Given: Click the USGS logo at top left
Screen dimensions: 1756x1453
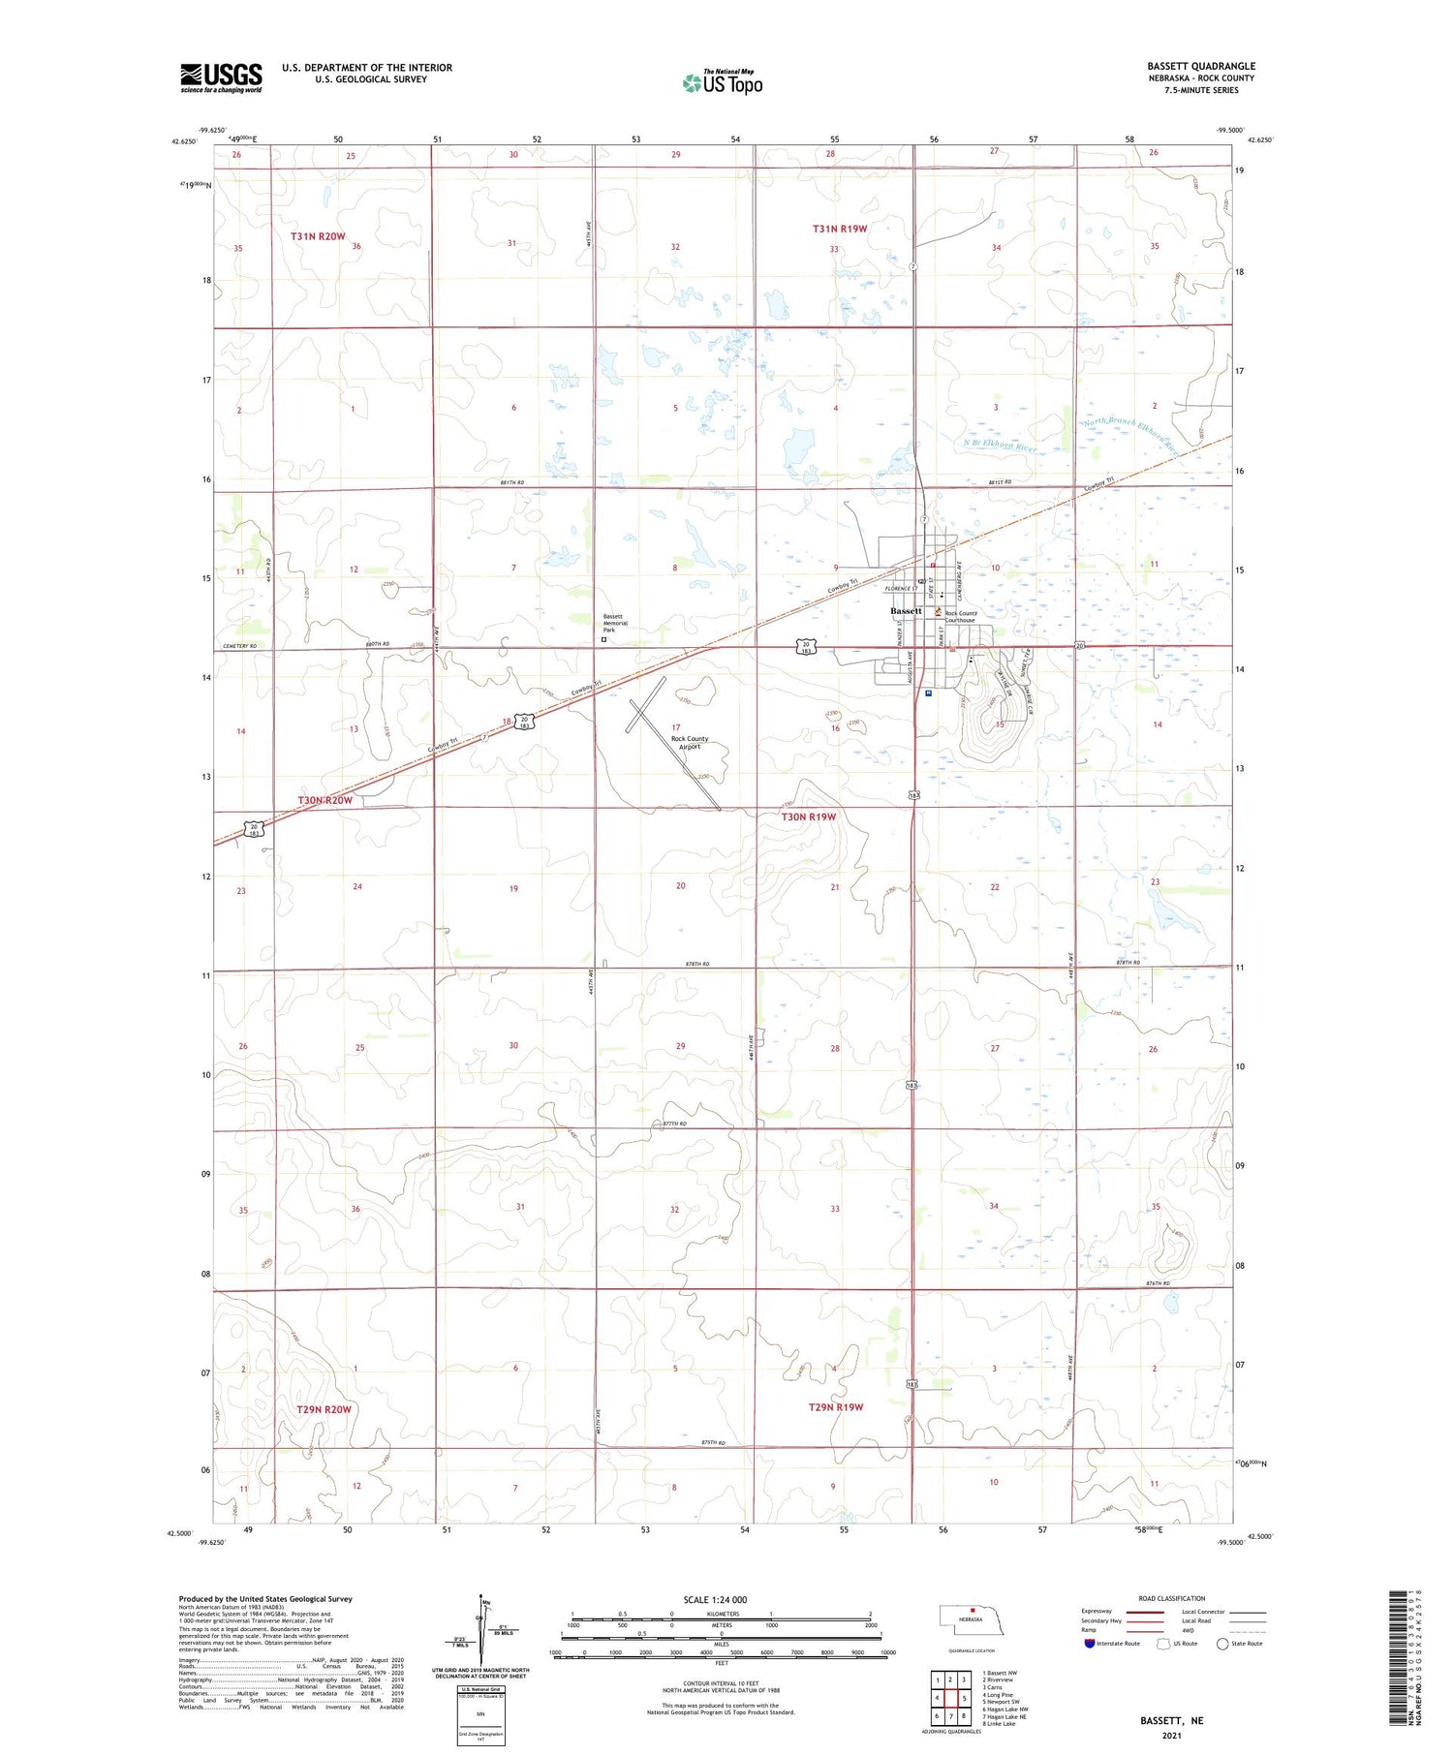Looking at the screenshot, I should pyautogui.click(x=221, y=77).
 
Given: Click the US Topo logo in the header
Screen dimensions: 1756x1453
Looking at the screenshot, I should pyautogui.click(x=723, y=83).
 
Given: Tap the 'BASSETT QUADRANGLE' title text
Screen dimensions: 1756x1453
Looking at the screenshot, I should pyautogui.click(x=1200, y=66).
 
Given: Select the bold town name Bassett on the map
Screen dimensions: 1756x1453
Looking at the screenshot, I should pyautogui.click(x=906, y=611).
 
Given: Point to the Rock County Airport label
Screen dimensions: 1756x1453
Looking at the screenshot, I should pyautogui.click(x=690, y=743).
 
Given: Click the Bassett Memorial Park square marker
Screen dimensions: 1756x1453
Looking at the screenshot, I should pyautogui.click(x=603, y=639).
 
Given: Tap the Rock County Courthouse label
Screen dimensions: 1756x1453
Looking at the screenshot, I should pyautogui.click(x=962, y=617).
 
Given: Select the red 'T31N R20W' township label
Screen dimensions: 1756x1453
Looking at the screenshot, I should pyautogui.click(x=318, y=236).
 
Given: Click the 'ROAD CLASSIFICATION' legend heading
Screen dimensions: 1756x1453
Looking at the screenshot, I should pyautogui.click(x=1171, y=1598).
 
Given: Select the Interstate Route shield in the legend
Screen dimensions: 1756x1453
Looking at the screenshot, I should pyautogui.click(x=1090, y=1644).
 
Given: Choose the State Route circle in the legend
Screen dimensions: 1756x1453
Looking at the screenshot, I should pyautogui.click(x=1222, y=1644).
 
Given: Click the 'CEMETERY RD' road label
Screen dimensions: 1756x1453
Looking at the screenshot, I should pyautogui.click(x=239, y=646).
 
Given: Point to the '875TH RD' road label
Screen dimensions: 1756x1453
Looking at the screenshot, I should pyautogui.click(x=712, y=1443).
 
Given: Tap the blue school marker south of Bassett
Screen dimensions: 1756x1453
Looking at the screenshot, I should pyautogui.click(x=928, y=693).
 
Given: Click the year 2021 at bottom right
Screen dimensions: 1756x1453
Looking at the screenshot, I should pyautogui.click(x=1171, y=1736).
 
